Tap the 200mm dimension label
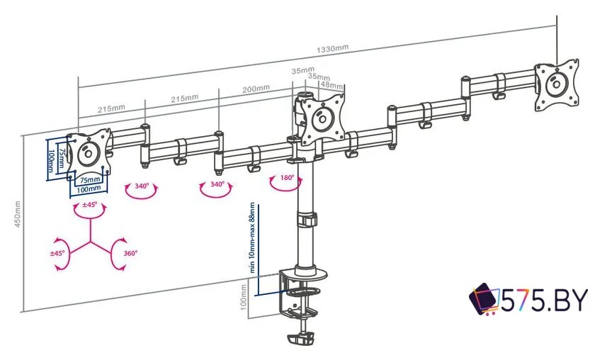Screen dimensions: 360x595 pyautogui.click(x=256, y=89)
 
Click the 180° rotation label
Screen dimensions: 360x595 pyautogui.click(x=287, y=178)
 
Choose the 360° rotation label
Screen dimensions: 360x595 pyautogui.click(x=130, y=252)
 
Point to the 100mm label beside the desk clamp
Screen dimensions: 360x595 pyautogui.click(x=244, y=297)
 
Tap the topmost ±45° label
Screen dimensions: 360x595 pyautogui.click(x=90, y=205)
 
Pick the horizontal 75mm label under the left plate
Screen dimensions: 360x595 pyautogui.click(x=89, y=180)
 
